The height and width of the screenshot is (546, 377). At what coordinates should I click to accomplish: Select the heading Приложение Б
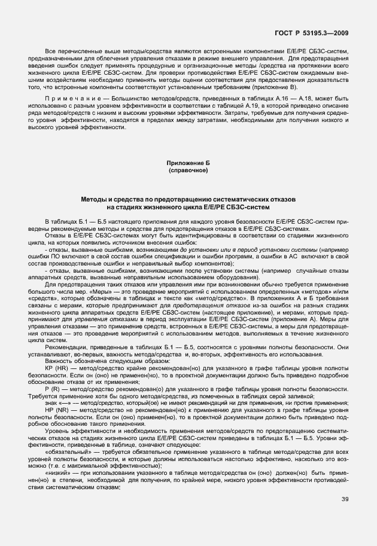[x=188, y=163]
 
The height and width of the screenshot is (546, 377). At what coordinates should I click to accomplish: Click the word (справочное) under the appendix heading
[x=188, y=170]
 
